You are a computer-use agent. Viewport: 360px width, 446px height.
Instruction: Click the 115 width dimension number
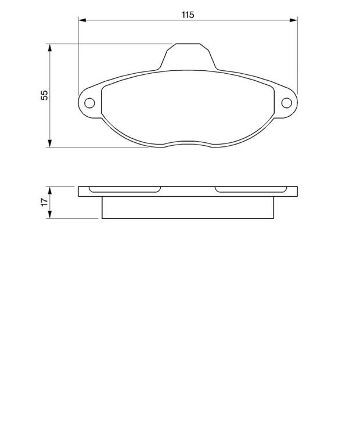(188, 15)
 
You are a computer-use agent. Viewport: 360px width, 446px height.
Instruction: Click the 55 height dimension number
(45, 95)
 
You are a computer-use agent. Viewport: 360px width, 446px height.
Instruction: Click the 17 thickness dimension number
(45, 202)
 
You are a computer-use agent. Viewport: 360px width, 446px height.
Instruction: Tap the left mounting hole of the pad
(89, 103)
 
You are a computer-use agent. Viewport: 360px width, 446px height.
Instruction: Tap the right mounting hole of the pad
(286, 103)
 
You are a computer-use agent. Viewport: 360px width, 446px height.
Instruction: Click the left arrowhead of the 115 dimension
(82, 20)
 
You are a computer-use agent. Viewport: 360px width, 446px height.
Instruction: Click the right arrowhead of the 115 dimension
(293, 20)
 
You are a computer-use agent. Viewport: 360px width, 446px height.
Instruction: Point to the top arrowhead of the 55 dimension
(50, 48)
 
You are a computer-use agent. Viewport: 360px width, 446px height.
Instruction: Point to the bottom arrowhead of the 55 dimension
(50, 143)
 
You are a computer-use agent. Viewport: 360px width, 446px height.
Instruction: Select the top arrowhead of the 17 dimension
(50, 190)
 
